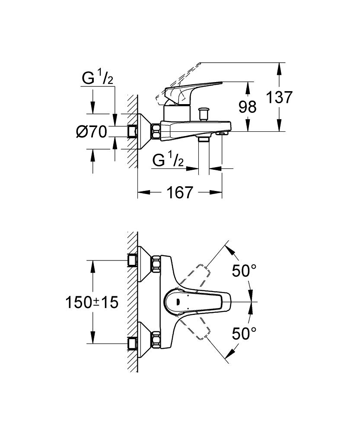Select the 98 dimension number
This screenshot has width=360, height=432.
(247, 107)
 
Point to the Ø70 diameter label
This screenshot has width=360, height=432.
(92, 131)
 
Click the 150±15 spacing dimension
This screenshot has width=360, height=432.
(92, 302)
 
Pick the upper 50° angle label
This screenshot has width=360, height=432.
(244, 271)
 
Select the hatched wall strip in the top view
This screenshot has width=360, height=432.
(133, 302)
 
